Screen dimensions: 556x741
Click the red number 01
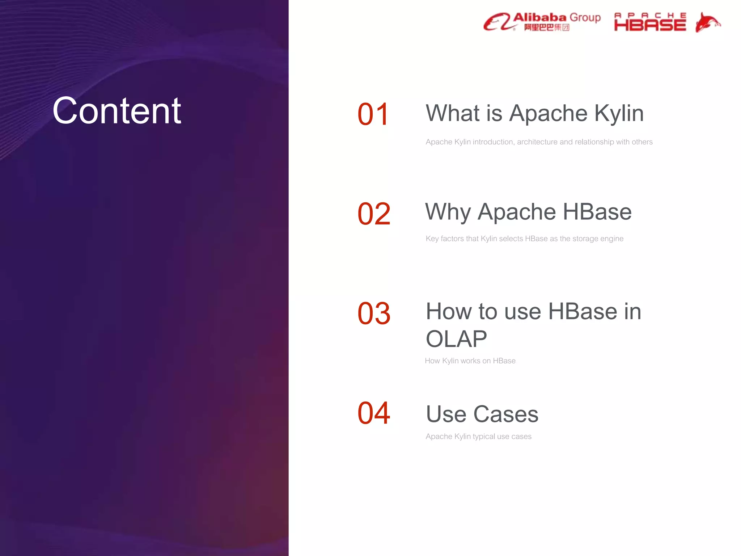point(373,115)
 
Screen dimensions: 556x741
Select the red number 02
point(374,214)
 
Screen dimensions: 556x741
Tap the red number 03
point(374,313)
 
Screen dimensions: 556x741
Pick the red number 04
point(374,413)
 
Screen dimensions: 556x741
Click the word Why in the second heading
point(448,212)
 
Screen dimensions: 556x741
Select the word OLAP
point(456,339)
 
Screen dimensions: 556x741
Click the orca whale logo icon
point(707,22)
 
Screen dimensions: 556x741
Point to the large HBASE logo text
point(650,25)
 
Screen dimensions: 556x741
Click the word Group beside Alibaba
point(585,17)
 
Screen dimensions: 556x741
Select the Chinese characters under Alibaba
point(547,28)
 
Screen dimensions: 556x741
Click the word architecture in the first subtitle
point(537,142)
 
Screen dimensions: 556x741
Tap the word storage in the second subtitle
point(585,239)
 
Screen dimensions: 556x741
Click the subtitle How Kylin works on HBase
point(470,361)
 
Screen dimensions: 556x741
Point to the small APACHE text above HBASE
point(650,16)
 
